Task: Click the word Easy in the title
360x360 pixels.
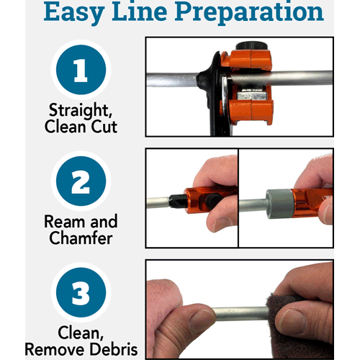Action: pos(74,12)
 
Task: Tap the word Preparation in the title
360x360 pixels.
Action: pos(249,12)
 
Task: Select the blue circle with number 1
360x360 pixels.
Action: pos(81,70)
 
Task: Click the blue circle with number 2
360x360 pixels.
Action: pos(81,181)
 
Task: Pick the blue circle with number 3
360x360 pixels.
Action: pos(81,292)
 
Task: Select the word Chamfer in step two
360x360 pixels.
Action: pos(81,238)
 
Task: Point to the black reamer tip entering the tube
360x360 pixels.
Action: pos(178,201)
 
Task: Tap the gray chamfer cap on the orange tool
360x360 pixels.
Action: pos(279,204)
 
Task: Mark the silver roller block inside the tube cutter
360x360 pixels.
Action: pos(251,94)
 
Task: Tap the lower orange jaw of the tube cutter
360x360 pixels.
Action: pos(251,112)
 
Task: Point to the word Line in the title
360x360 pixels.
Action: pos(140,12)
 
